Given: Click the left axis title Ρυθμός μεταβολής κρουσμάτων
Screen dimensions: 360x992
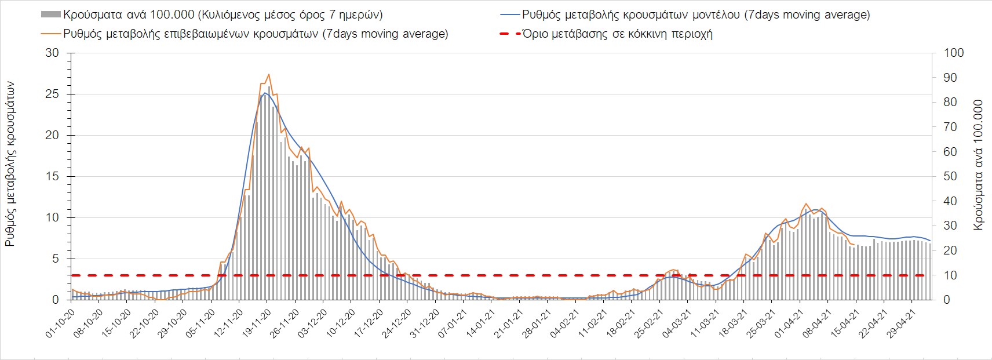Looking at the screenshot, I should pyautogui.click(x=10, y=163).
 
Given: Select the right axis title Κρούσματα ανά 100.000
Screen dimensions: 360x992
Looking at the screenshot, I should pyautogui.click(x=979, y=165).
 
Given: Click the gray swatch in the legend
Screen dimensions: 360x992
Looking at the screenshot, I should pyautogui.click(x=51, y=14).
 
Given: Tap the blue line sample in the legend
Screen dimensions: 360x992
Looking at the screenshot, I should pyautogui.click(x=509, y=14).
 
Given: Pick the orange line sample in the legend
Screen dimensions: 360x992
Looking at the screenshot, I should pyautogui.click(x=51, y=34).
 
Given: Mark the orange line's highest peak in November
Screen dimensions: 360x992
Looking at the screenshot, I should pyautogui.click(x=269, y=74).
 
